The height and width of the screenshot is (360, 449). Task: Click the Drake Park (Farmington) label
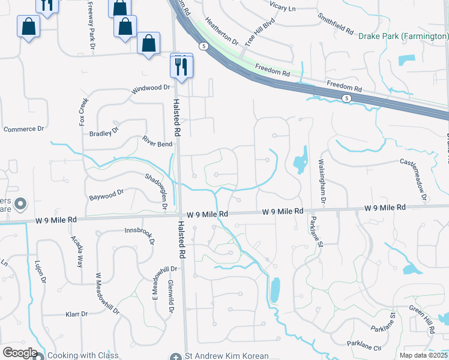tap(403, 36)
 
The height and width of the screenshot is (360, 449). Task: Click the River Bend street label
tap(157, 142)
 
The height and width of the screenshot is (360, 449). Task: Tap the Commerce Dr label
tap(24, 129)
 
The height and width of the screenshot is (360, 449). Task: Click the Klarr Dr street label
tap(76, 314)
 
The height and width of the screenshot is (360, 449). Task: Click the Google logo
tap(19, 353)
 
